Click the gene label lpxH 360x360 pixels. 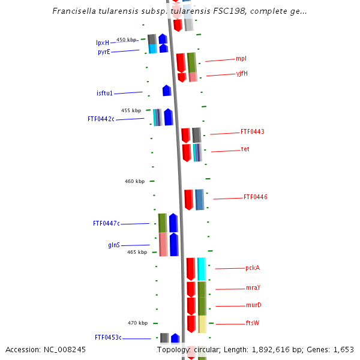(x=103, y=43)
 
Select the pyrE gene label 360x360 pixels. (x=104, y=52)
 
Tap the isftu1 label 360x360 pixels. (x=104, y=93)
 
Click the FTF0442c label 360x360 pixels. (x=101, y=119)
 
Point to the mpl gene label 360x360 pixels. (x=241, y=59)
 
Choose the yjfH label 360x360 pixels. (x=242, y=73)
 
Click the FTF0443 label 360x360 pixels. (x=253, y=131)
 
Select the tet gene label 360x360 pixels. (x=245, y=149)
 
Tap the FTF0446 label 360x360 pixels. (x=256, y=197)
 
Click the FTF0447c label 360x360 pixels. (x=106, y=223)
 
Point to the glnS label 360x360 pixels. (x=114, y=245)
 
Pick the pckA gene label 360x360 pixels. (x=253, y=268)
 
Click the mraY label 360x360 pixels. (x=253, y=287)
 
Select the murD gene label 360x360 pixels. (x=254, y=305)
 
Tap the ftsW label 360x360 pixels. (x=253, y=323)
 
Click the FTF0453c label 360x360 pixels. (x=108, y=337)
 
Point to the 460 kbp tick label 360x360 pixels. (x=134, y=181)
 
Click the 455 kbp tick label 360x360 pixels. (x=131, y=110)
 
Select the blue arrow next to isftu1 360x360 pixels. (x=167, y=91)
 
